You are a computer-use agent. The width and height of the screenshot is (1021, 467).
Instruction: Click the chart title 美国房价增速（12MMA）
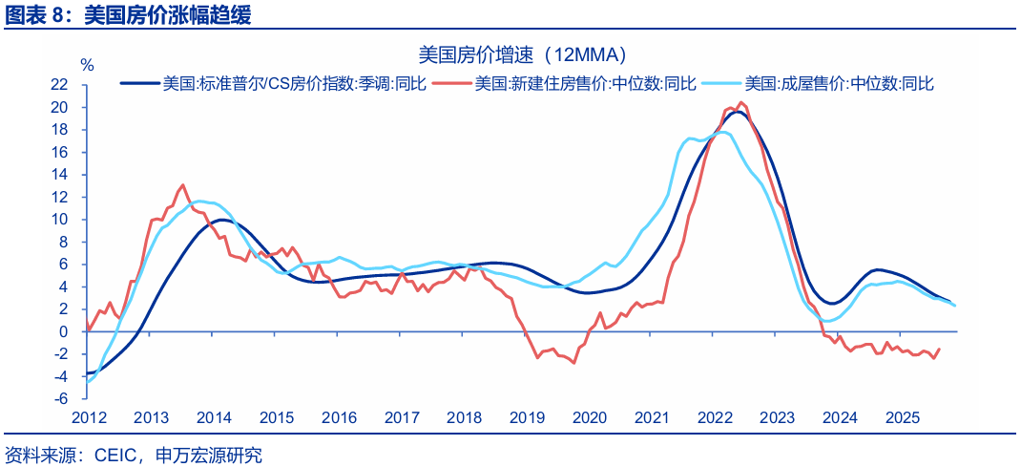click(522, 53)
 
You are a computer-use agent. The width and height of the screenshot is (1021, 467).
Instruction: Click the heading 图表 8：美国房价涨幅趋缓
click(129, 14)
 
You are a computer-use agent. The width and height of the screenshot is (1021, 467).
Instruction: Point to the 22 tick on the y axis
click(60, 84)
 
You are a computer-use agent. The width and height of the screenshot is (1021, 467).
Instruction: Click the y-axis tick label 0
click(64, 331)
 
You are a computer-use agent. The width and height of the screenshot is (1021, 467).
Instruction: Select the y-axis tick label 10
click(60, 219)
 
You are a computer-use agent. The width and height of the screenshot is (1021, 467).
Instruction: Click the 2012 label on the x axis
click(89, 418)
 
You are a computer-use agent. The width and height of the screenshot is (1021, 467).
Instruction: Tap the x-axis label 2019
click(526, 418)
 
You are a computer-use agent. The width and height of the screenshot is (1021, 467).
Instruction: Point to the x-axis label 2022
click(714, 418)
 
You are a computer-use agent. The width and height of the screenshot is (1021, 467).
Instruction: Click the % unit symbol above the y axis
click(87, 65)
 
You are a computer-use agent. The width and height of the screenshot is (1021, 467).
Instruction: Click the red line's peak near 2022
click(742, 102)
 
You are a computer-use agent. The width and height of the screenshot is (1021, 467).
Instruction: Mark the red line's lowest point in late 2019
click(574, 363)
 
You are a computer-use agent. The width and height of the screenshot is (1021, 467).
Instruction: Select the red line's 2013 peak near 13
click(182, 184)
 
